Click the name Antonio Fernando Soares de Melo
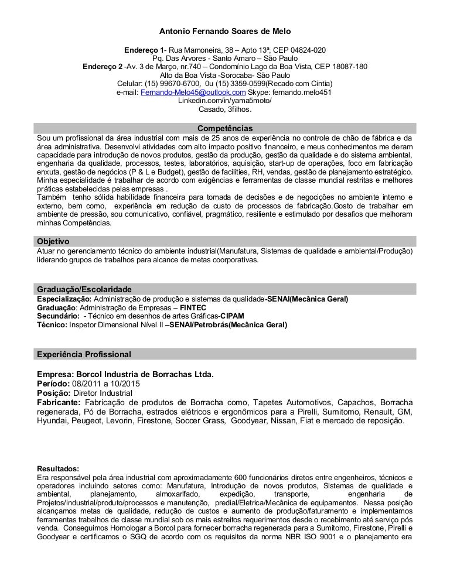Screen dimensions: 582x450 [x=225, y=30]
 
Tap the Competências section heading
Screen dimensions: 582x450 [x=225, y=128]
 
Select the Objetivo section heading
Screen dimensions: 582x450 [x=53, y=241]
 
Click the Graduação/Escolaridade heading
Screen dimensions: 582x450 [x=84, y=290]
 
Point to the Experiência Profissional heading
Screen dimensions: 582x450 [x=84, y=354]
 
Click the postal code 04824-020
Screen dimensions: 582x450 [x=304, y=50]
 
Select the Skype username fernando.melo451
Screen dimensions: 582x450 [x=302, y=92]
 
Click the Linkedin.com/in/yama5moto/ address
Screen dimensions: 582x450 [x=225, y=100]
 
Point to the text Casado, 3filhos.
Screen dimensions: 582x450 [x=225, y=109]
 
